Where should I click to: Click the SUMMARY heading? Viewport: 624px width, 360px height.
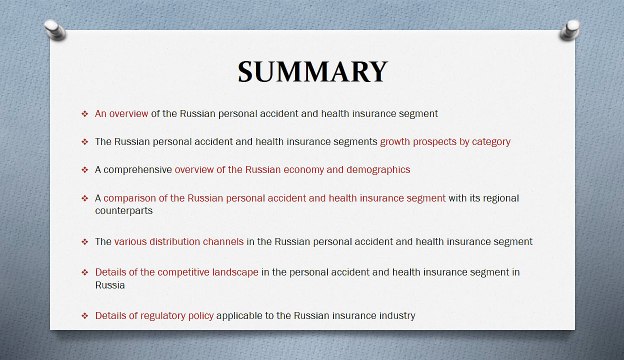312,73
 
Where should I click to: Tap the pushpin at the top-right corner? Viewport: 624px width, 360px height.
571,29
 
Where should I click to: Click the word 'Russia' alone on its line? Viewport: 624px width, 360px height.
110,285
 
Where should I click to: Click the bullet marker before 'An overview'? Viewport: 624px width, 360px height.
84,113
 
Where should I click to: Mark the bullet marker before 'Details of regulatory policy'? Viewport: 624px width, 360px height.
84,316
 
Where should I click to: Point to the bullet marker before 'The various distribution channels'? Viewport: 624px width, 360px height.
84,242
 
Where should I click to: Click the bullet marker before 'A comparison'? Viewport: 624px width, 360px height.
84,198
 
